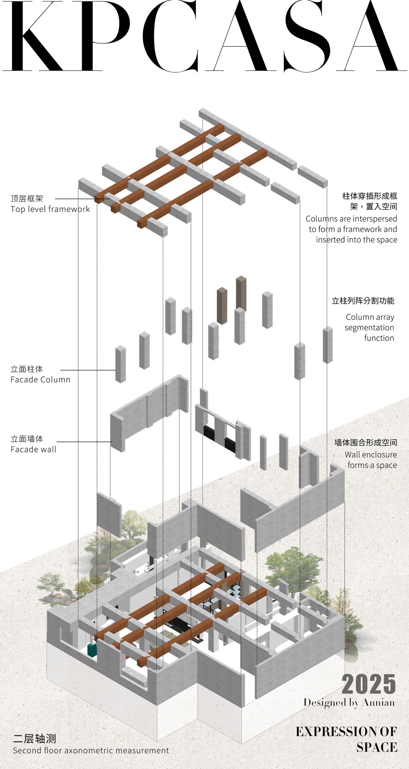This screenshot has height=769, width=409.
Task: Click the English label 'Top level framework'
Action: pyautogui.click(x=50, y=209)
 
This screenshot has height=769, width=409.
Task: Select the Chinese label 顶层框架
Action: pyautogui.click(x=27, y=198)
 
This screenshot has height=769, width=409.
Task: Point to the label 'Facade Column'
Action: pyautogui.click(x=40, y=380)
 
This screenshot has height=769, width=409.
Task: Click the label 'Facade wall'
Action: pyautogui.click(x=34, y=450)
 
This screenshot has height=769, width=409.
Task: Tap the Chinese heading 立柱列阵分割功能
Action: pyautogui.click(x=363, y=301)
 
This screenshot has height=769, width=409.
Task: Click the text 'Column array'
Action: pyautogui.click(x=370, y=317)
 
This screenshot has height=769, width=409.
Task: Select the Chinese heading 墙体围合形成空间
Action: pyautogui.click(x=366, y=443)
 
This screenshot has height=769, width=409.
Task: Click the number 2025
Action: pyautogui.click(x=369, y=684)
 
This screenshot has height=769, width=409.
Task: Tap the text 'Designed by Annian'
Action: pyautogui.click(x=349, y=702)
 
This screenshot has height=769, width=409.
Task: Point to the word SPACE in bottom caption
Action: pyautogui.click(x=377, y=747)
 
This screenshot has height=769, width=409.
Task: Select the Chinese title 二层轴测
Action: pyautogui.click(x=35, y=738)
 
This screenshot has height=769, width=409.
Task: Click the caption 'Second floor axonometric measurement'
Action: pyautogui.click(x=91, y=751)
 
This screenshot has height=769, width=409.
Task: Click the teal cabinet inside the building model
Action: pyautogui.click(x=92, y=650)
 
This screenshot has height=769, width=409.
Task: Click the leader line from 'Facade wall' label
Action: pyautogui.click(x=84, y=442)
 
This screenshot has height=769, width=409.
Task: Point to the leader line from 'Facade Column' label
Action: pyautogui.click(x=88, y=370)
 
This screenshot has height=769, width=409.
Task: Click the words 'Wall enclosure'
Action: pyautogui.click(x=371, y=454)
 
